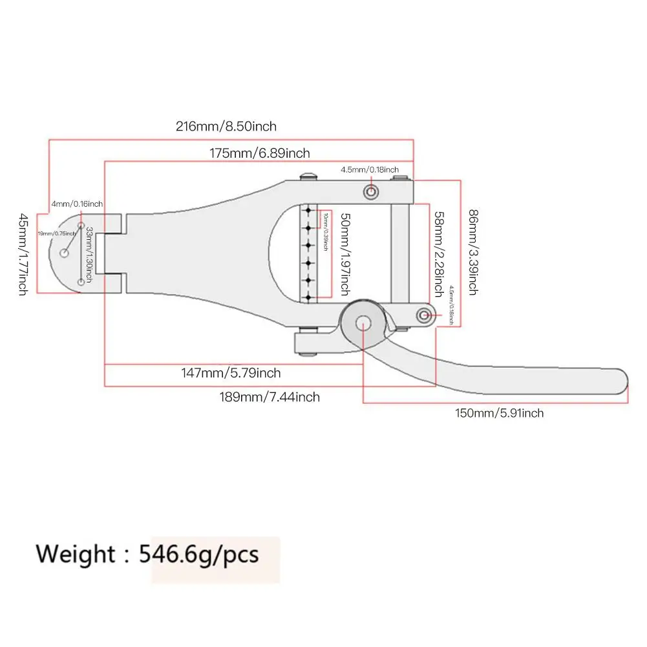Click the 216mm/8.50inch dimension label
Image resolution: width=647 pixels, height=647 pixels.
click(226, 127)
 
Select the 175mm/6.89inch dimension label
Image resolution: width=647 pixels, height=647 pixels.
click(259, 154)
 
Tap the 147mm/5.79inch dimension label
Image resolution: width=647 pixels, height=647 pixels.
click(230, 373)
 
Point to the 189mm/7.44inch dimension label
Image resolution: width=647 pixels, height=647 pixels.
click(269, 397)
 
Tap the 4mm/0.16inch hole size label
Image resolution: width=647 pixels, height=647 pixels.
click(77, 204)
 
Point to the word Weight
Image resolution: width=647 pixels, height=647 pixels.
click(74, 555)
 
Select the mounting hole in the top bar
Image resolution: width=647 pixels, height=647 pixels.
click(372, 192)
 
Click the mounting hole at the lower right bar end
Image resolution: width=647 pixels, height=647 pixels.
click(425, 315)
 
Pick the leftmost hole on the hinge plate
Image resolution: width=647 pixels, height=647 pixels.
click(65, 253)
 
